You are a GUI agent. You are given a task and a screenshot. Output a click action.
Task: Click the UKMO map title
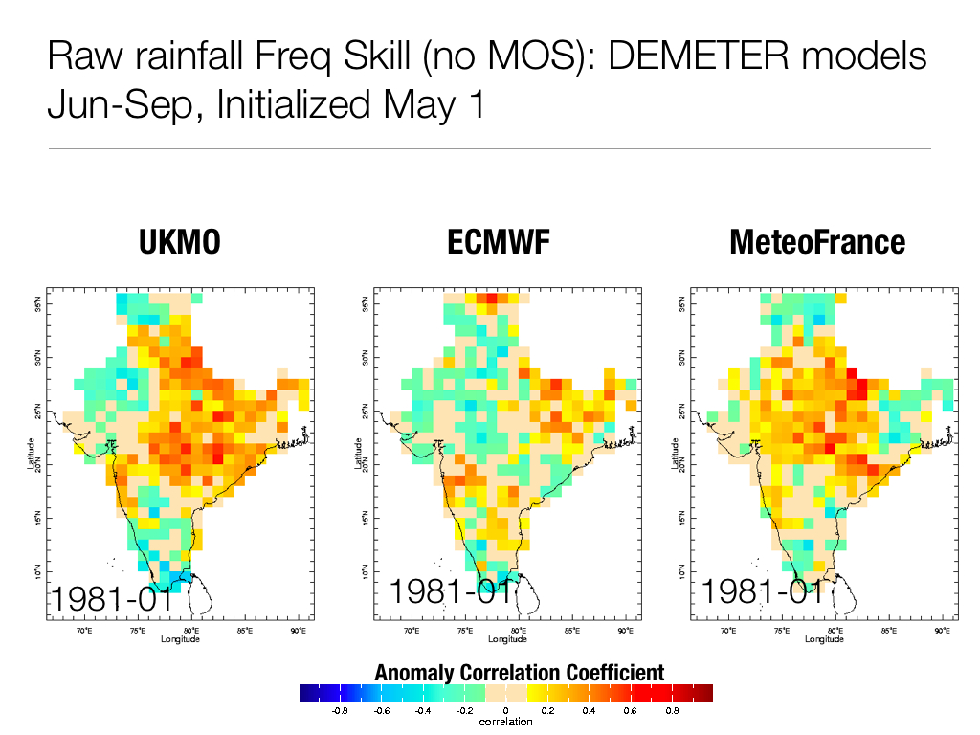(x=180, y=243)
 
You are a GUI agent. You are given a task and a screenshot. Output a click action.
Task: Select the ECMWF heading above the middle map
(x=499, y=243)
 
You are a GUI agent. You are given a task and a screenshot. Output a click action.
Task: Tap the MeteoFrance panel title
(x=817, y=243)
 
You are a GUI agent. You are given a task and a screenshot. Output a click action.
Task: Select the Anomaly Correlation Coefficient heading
(x=505, y=672)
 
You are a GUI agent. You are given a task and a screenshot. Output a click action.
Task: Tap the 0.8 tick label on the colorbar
(x=672, y=711)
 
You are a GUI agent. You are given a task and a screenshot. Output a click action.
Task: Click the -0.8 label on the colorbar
(x=339, y=711)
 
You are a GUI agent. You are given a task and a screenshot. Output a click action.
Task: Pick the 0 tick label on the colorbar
(x=505, y=711)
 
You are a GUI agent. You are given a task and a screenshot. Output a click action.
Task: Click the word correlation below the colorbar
(x=505, y=722)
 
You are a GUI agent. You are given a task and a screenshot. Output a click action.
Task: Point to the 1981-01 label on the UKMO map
(x=111, y=600)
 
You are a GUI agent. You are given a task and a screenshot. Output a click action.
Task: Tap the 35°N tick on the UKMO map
(x=37, y=304)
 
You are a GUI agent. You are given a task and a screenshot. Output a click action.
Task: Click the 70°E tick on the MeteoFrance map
(x=727, y=631)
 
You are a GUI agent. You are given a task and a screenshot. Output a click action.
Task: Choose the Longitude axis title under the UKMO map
(x=180, y=638)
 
